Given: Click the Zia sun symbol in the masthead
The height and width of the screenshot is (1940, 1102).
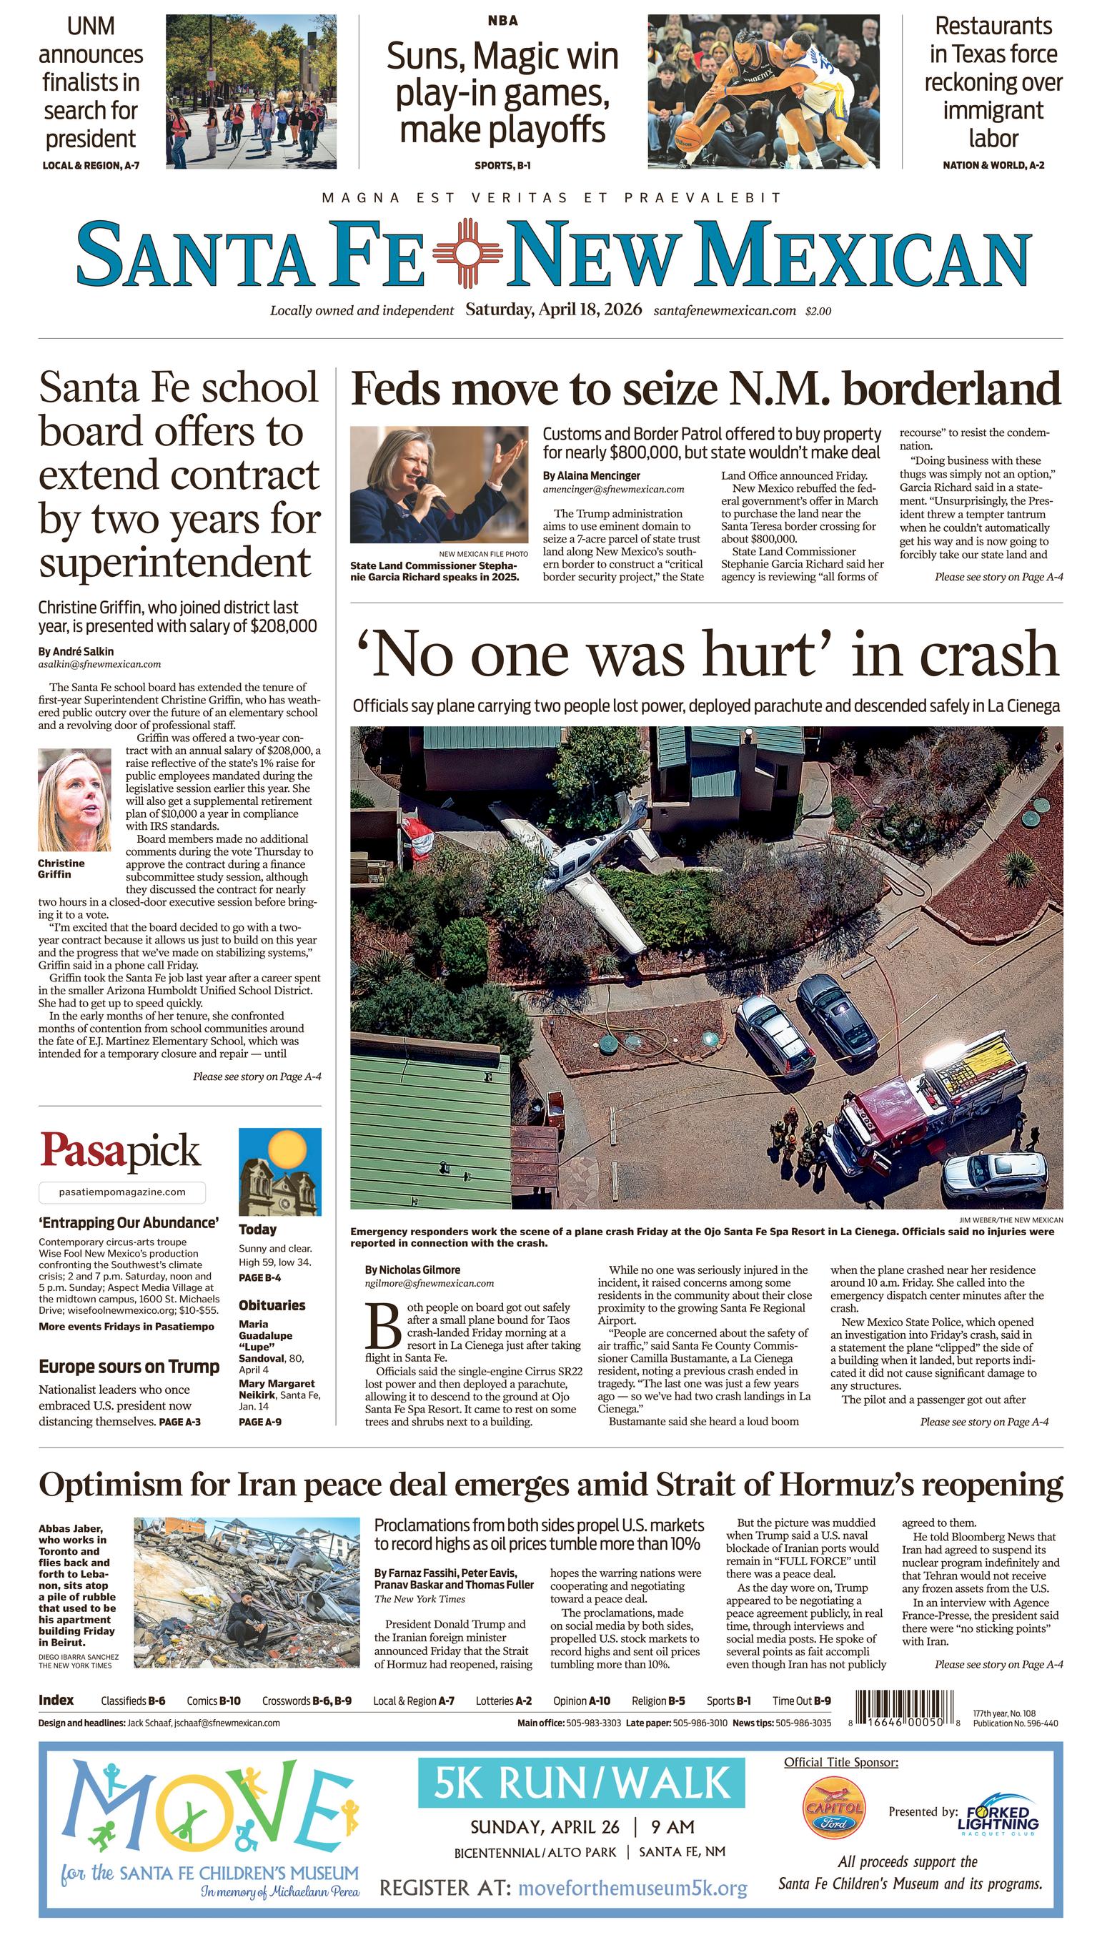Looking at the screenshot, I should point(467,253).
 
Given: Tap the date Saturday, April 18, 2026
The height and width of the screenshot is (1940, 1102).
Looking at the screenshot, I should point(553,310).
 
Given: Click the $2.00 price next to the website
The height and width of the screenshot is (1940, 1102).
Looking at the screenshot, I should point(818,310).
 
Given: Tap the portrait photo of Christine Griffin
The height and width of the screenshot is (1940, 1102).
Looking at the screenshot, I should point(74,800).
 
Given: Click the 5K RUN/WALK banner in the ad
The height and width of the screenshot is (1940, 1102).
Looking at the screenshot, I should point(581,1783).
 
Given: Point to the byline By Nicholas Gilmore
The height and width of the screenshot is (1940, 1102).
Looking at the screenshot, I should point(412,1270).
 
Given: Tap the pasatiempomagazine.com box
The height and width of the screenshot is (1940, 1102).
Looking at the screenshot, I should point(122,1192).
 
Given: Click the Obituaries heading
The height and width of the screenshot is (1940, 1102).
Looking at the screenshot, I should point(272,1305).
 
